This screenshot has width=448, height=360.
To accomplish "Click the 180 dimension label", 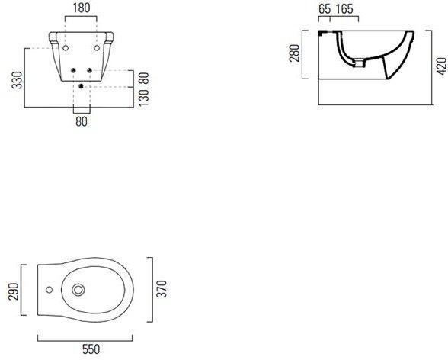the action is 82,8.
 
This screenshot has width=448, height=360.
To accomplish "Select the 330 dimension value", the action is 18,80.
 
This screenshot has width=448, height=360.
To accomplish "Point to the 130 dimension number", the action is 144,98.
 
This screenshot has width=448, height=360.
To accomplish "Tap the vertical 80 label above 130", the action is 144,79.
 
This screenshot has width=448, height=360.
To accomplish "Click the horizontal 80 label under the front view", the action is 82,121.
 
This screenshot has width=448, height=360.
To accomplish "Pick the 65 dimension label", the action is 325,9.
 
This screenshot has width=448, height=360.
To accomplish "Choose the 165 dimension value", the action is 344,9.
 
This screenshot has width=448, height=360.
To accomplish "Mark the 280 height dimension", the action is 295,53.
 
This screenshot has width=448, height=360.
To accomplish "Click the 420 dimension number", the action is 441,66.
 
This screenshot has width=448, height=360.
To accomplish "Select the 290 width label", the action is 14,291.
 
